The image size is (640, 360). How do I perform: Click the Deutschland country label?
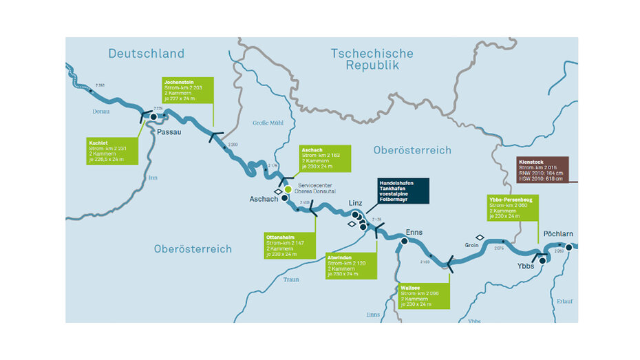pos(146,54)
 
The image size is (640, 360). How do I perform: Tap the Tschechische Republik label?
pos(372,59)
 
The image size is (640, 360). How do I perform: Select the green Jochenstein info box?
pos(188,89)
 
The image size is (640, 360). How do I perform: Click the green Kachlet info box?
pos(111,151)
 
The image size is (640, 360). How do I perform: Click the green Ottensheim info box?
pos(290,244)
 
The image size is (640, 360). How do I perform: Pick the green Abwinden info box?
pos(352,265)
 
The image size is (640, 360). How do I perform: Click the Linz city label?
pos(355,204)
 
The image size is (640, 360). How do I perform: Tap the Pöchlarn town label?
pos(557,234)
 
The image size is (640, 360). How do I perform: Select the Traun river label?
pos(291,279)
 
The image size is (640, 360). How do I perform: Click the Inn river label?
pos(153,178)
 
